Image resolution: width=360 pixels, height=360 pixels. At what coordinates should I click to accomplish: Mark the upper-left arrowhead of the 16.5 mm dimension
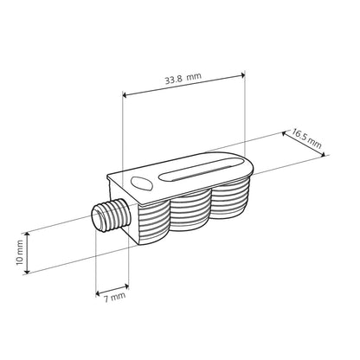coord(286,132)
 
